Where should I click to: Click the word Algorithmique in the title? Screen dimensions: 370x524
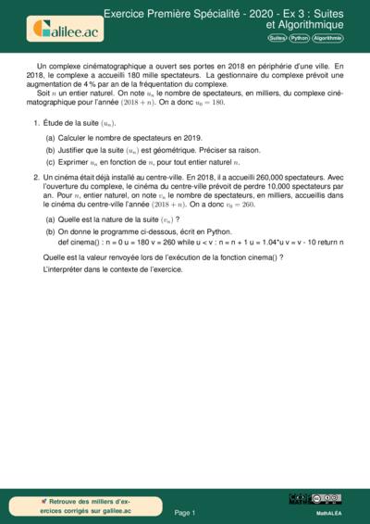click(303, 25)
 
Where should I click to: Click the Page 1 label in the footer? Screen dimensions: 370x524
click(185, 512)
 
